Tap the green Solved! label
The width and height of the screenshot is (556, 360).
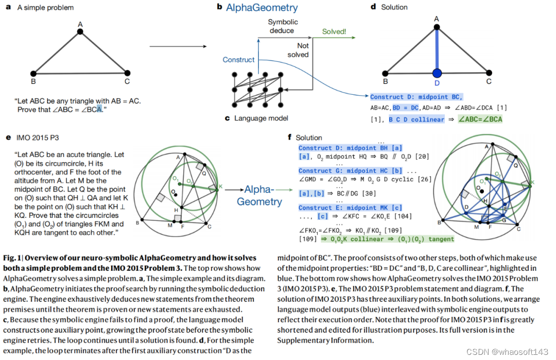[334, 32]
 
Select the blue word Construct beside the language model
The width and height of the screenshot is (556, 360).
[238, 60]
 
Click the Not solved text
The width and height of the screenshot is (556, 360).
[298, 50]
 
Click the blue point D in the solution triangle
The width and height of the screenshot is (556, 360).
[437, 73]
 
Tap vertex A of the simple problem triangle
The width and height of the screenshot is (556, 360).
[80, 32]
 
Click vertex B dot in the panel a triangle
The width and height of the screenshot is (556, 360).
[33, 74]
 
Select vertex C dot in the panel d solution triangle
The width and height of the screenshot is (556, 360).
[489, 73]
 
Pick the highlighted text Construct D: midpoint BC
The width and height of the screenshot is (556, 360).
[416, 97]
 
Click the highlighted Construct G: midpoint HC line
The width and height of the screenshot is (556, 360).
[351, 170]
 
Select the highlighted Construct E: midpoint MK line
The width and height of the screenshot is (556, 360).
[351, 208]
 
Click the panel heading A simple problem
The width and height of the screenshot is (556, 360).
[45, 8]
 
